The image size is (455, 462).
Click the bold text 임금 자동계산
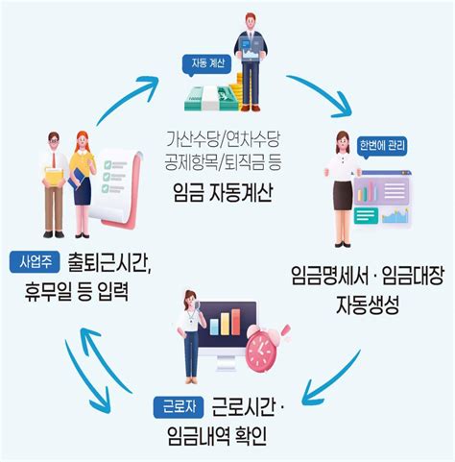click(x=227, y=192)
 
